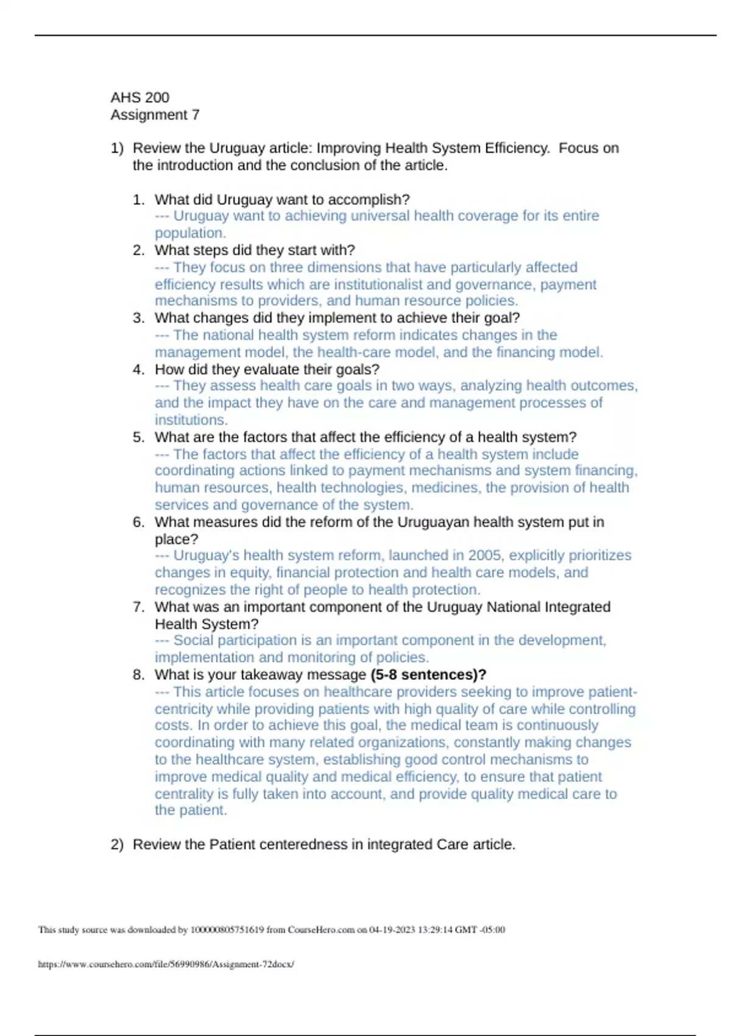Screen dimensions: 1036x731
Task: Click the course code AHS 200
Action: click(139, 98)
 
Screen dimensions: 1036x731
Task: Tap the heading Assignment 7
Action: click(155, 115)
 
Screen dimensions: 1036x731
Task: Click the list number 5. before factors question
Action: click(138, 437)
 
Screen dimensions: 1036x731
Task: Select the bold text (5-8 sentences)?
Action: click(428, 675)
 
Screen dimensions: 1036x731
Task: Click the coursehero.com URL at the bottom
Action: click(166, 964)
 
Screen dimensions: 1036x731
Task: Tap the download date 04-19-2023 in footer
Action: click(392, 930)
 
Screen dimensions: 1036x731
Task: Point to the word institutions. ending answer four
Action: click(191, 420)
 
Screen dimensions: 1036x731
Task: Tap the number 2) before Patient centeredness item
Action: click(117, 845)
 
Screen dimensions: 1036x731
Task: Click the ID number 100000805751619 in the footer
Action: click(227, 930)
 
